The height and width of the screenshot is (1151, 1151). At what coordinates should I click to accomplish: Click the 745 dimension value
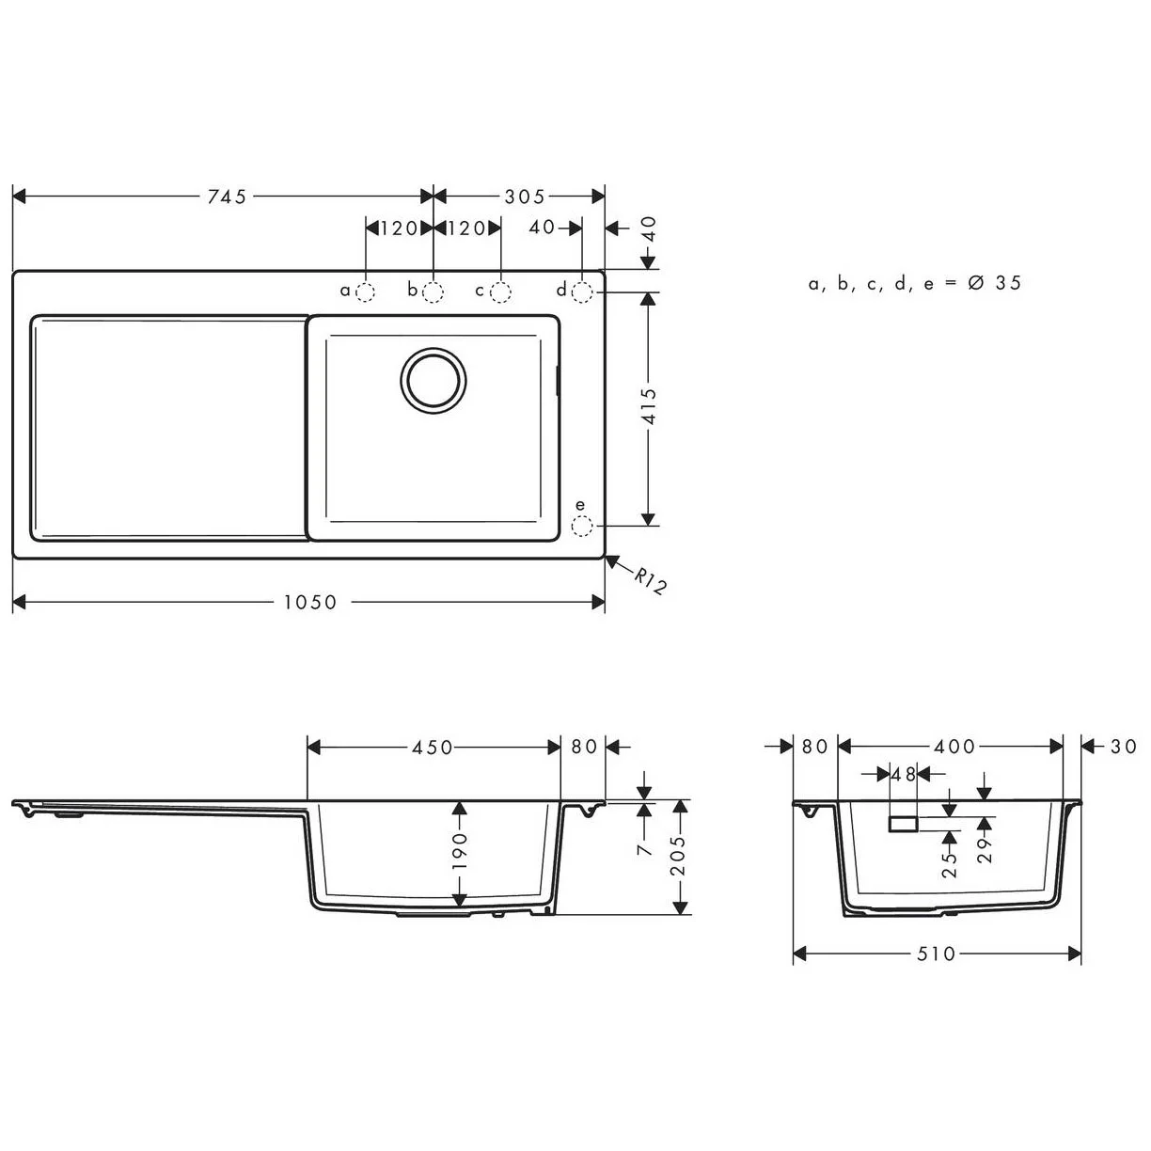tap(227, 197)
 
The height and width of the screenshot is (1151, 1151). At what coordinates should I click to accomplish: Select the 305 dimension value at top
tap(524, 197)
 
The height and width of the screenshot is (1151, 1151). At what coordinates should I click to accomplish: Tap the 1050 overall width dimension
tap(310, 603)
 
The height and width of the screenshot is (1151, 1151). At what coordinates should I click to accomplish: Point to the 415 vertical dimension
tap(647, 406)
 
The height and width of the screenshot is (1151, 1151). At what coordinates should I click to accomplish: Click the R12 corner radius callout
tap(649, 581)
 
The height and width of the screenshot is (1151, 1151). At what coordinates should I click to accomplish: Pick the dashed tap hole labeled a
tap(366, 292)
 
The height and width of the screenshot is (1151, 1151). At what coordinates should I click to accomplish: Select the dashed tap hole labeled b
tap(434, 292)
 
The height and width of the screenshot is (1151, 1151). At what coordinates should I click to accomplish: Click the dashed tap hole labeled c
tap(501, 292)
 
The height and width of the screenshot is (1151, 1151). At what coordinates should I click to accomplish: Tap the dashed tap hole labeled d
tap(582, 292)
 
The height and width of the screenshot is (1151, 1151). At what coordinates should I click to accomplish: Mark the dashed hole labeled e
tap(582, 526)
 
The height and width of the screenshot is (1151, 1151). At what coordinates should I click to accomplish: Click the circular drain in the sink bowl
tap(433, 380)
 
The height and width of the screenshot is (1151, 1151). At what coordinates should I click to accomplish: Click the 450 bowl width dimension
tap(433, 748)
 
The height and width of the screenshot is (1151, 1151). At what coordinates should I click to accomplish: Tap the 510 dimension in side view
tap(936, 954)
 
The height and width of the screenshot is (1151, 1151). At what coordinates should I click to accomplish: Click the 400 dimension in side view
tap(954, 748)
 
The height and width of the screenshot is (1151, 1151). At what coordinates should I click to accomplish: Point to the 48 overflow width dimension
tap(904, 775)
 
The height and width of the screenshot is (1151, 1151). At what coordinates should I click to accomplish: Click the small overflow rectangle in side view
tap(904, 824)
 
